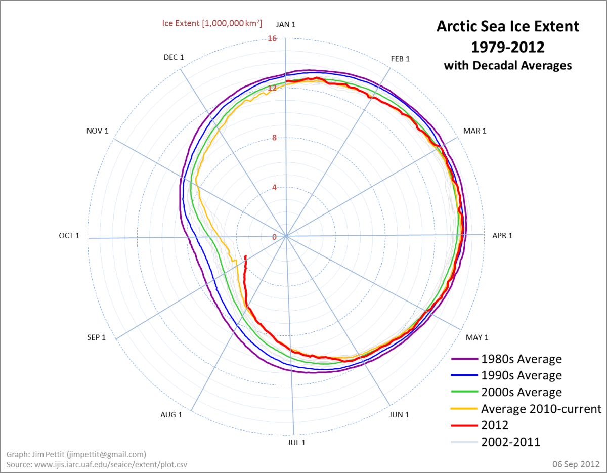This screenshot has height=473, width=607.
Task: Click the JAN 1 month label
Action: click(x=286, y=24)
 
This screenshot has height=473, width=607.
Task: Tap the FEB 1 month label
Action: click(x=400, y=59)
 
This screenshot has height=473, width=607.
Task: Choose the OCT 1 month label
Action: click(x=69, y=236)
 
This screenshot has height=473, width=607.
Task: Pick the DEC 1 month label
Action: click(x=174, y=57)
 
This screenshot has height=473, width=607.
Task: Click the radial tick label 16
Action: click(x=272, y=39)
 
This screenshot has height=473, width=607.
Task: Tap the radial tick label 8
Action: click(x=274, y=138)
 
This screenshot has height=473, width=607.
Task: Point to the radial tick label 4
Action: click(x=274, y=188)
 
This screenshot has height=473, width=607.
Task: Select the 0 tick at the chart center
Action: click(x=274, y=237)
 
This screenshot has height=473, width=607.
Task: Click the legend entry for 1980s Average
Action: click(x=521, y=359)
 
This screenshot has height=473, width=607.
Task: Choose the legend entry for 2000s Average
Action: click(x=521, y=392)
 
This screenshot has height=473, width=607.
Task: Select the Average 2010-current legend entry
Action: click(x=541, y=409)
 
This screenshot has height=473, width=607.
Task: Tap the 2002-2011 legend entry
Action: click(x=510, y=442)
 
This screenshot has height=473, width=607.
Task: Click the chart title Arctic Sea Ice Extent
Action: click(x=508, y=26)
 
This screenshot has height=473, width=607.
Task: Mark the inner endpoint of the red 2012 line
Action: click(x=246, y=256)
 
